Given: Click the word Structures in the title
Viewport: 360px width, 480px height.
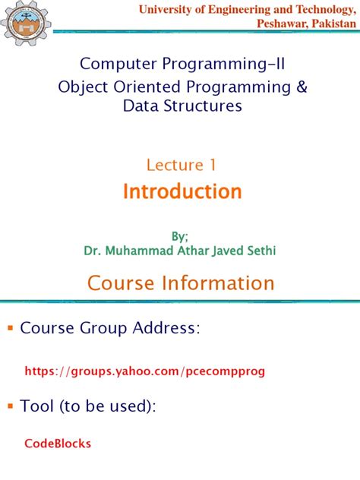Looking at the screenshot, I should pos(204,106).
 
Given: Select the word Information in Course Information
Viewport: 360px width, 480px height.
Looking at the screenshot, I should pos(223,284).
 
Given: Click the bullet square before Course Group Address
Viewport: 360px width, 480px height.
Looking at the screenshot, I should pos(10,329).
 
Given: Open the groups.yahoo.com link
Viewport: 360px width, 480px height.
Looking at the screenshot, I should pos(146,371).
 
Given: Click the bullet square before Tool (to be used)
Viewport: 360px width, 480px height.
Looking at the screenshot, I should pos(10,407).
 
